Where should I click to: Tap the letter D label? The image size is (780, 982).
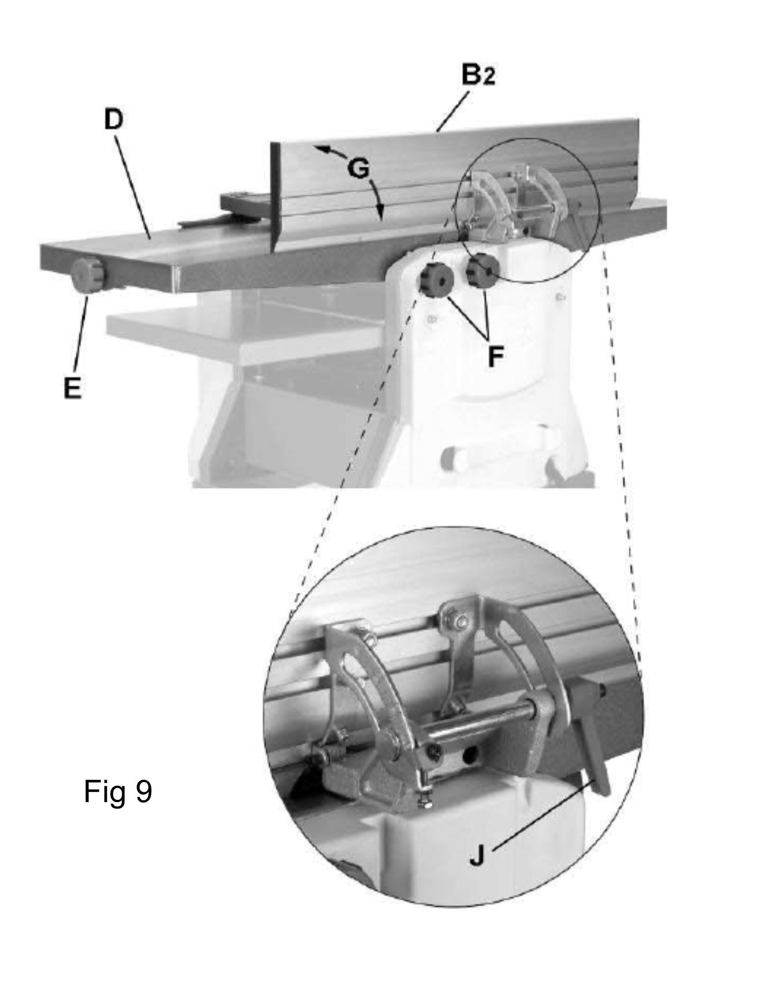coord(113,120)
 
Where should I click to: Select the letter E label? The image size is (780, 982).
coord(73,387)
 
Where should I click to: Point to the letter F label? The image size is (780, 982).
coord(496,357)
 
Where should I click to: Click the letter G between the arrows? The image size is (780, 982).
coord(358,169)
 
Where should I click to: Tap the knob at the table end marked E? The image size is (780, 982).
coord(89,277)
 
